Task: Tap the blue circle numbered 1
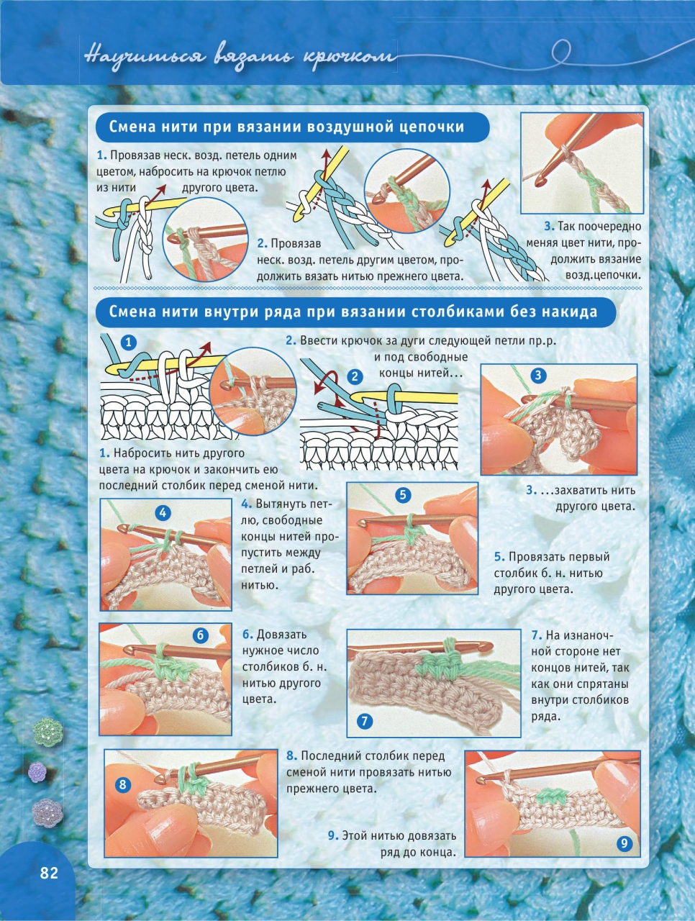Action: [129, 342]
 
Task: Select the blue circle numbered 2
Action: [355, 376]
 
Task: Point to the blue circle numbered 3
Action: [539, 375]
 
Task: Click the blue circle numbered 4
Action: [163, 512]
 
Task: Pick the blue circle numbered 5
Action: [403, 495]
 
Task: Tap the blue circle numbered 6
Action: [201, 635]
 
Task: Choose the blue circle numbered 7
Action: [365, 721]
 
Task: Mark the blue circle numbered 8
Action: [122, 784]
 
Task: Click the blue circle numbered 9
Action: [624, 843]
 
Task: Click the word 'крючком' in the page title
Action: [350, 58]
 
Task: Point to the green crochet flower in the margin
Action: [47, 731]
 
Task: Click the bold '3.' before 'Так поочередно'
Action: [550, 227]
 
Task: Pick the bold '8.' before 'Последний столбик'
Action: [292, 756]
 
